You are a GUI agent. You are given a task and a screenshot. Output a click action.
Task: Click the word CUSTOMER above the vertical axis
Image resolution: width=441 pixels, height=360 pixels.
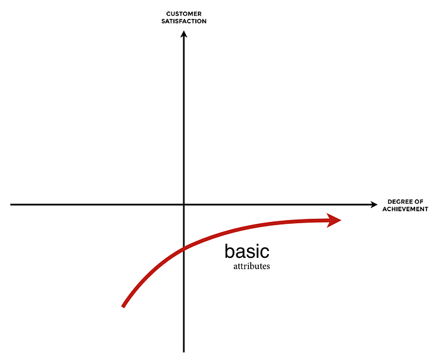184,14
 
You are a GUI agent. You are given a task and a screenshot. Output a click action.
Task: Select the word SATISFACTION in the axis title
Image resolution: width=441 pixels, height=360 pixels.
184,21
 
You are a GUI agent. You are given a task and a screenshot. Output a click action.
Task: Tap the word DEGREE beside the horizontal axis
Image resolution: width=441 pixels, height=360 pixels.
398,202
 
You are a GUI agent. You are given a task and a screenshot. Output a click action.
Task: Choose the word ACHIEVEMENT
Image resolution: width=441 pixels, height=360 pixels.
405,209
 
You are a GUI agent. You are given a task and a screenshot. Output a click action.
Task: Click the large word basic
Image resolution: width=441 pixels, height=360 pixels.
247,251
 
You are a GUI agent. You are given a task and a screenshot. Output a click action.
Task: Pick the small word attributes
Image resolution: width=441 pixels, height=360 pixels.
251,266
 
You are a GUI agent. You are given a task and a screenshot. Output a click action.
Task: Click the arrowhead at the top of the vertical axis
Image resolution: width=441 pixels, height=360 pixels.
184,34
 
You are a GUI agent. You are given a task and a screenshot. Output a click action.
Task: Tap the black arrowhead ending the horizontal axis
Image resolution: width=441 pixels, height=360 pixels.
374,205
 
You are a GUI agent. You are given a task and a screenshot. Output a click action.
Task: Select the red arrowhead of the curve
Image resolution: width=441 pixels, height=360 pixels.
334,221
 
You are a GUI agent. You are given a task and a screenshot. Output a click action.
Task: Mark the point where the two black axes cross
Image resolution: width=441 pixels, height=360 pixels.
184,205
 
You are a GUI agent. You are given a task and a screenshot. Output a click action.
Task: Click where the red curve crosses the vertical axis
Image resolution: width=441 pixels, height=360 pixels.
184,248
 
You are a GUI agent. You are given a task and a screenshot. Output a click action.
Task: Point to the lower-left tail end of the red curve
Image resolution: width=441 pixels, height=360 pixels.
123,306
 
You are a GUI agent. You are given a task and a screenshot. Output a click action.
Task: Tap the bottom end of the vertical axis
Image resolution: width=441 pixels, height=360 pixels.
184,352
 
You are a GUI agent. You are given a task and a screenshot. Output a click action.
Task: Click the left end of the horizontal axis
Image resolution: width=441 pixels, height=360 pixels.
11,205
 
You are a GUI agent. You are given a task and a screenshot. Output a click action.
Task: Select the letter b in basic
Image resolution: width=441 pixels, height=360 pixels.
229,251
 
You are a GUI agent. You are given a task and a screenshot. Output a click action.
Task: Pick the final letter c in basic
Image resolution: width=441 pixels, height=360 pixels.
265,253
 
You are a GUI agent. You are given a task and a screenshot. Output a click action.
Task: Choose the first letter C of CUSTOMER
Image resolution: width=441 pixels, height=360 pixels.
168,14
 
